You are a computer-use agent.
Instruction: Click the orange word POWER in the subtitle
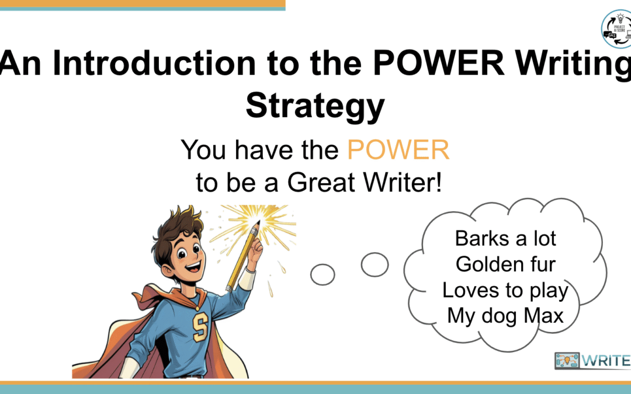pos(398,151)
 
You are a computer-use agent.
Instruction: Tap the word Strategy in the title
pos(315,106)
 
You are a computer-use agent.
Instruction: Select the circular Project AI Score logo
pos(616,27)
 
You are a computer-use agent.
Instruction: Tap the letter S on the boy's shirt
pos(200,327)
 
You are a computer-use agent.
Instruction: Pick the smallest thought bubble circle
pos(322,274)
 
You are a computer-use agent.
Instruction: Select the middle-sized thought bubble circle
pos(375,264)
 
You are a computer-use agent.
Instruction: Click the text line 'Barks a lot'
pos(505,238)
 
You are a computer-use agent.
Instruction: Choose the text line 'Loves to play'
pos(505,290)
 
